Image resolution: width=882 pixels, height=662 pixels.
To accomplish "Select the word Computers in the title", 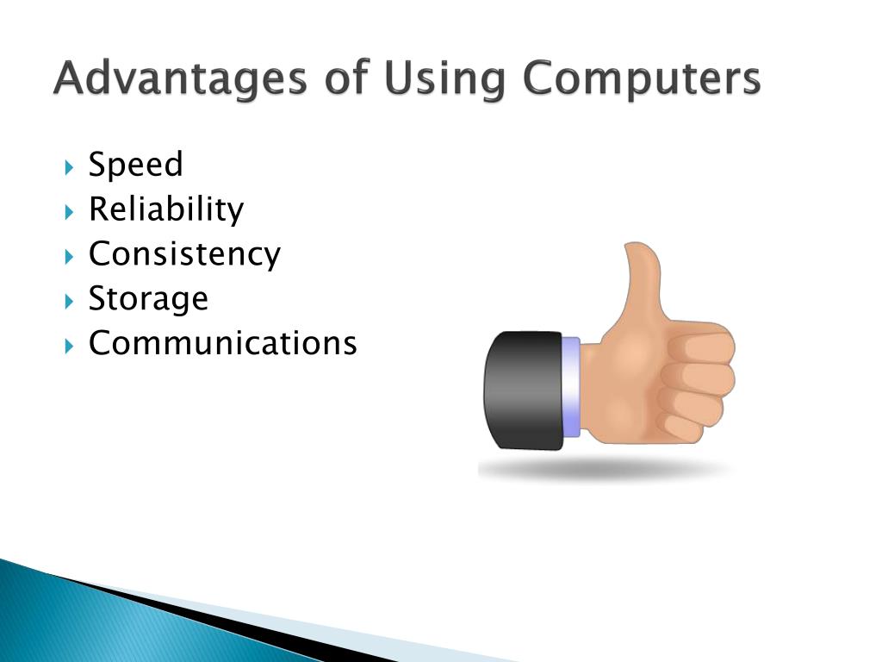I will (x=642, y=80).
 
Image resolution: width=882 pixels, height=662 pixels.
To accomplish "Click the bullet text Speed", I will (x=135, y=165).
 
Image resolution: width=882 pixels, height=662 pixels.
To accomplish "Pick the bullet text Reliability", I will (x=166, y=209).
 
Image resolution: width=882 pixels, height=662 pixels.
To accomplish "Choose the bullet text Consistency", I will (x=184, y=254).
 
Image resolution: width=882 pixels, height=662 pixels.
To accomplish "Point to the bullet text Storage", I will (x=148, y=299).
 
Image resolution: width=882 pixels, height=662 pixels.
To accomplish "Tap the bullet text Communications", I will (x=222, y=344).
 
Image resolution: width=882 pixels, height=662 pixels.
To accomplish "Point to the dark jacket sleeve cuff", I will (x=522, y=390).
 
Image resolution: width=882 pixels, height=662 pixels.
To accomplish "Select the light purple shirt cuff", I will (x=570, y=387).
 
